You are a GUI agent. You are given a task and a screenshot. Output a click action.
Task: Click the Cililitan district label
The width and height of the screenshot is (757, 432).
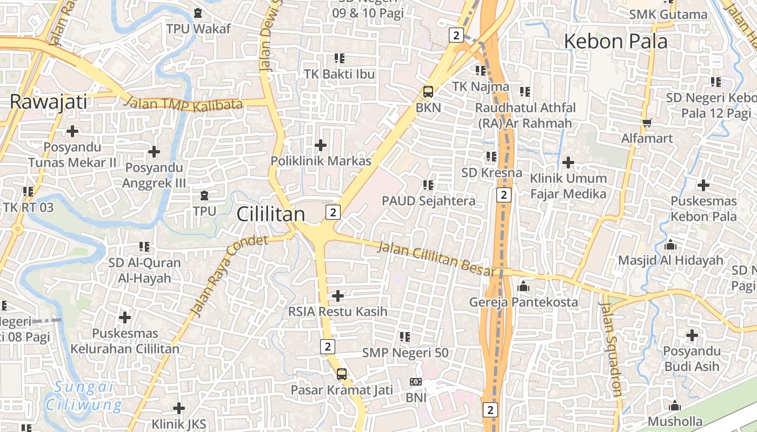(x=271, y=214)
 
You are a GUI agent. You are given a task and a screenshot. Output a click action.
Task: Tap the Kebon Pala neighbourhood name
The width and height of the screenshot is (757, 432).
(x=615, y=41)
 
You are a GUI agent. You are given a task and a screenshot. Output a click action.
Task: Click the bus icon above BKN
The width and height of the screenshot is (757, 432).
(x=428, y=91)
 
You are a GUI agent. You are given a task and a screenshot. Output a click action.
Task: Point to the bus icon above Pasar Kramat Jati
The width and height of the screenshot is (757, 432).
(x=342, y=374)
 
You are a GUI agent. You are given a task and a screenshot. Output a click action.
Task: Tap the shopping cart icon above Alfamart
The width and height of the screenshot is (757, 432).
(x=647, y=123)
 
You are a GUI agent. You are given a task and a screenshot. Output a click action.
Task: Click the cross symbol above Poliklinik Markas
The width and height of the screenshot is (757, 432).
(x=321, y=145)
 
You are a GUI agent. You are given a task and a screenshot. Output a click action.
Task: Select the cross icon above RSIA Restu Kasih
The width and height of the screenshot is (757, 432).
(x=338, y=295)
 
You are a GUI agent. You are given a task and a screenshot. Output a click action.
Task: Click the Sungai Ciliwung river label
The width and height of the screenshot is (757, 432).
(x=84, y=396)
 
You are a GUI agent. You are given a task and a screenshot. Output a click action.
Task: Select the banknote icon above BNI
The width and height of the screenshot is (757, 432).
(x=416, y=382)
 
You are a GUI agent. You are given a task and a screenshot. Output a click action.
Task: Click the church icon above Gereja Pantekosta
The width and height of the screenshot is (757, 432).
(x=523, y=286)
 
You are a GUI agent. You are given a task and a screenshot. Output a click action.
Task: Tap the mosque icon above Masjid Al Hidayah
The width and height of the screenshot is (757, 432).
(x=670, y=245)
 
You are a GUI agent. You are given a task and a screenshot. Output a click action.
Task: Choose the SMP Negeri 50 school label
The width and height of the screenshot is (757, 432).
(x=405, y=353)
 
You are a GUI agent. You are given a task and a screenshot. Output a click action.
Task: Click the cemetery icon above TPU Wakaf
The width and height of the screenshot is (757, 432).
(x=198, y=12)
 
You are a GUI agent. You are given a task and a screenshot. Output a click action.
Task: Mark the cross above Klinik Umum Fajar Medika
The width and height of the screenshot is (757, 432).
(x=568, y=162)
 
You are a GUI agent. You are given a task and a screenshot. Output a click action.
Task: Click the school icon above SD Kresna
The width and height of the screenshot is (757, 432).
(x=491, y=157)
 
